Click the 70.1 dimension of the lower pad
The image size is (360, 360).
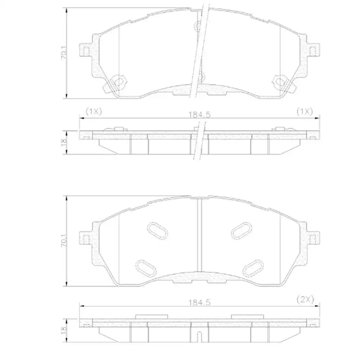click(64, 240)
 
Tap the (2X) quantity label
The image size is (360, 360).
click(305, 299)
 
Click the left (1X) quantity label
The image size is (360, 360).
click(94, 112)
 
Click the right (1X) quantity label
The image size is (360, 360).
click(305, 112)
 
